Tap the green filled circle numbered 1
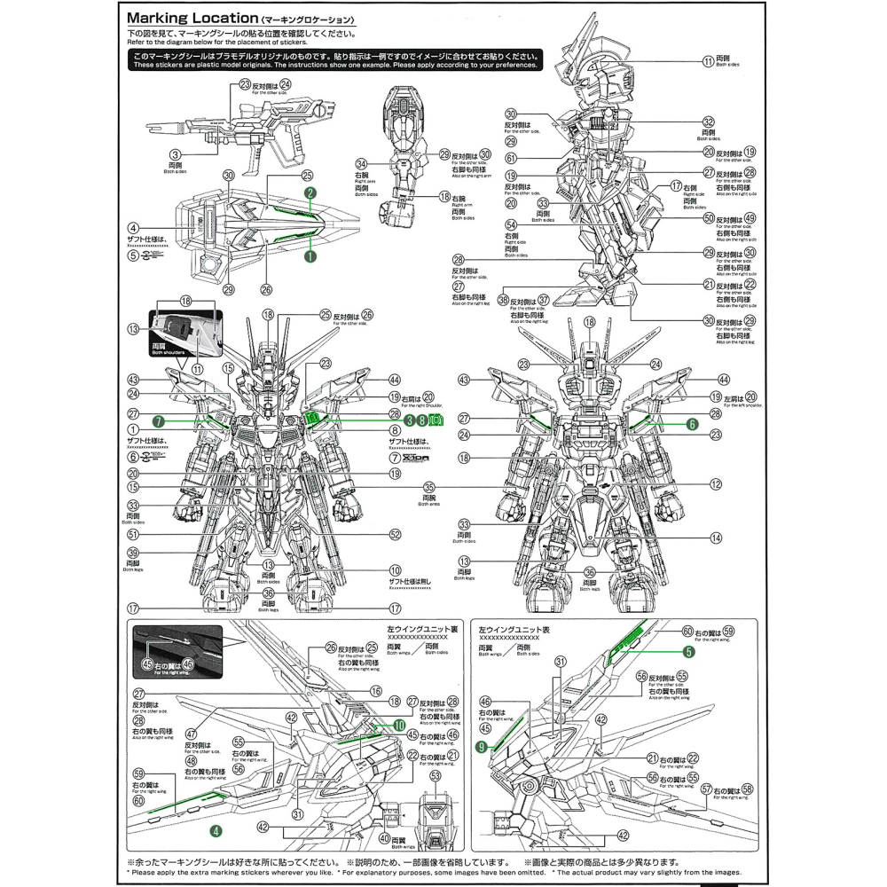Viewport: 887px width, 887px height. [310, 255]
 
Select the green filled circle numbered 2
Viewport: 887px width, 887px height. [309, 192]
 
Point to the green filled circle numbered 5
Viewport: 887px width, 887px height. [688, 651]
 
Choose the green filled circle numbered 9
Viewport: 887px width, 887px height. [482, 747]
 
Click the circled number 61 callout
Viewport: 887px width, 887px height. [511, 158]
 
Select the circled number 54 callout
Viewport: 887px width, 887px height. [511, 225]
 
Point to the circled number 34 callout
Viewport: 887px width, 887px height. [361, 164]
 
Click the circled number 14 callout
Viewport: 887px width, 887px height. [717, 538]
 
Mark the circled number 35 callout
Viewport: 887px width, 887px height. [429, 487]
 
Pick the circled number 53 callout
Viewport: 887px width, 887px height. [435, 775]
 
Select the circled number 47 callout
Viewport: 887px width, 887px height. [191, 734]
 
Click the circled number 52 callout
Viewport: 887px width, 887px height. [396, 535]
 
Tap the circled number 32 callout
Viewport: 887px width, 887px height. [708, 122]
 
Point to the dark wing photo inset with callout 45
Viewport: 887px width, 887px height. [177, 651]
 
